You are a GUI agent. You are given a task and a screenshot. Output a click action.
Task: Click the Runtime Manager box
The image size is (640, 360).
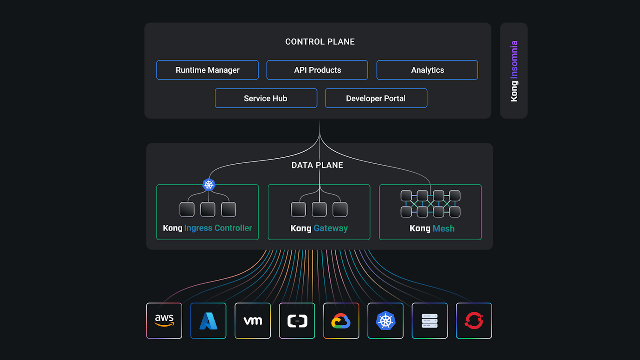click(207, 70)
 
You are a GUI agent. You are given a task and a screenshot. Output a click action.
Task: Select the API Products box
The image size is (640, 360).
click(317, 70)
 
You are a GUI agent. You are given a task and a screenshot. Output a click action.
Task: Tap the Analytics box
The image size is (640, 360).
click(427, 70)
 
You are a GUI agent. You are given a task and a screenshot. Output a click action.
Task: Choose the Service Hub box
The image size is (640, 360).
click(266, 98)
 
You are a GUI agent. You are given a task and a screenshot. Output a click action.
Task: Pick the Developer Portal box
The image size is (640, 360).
click(376, 98)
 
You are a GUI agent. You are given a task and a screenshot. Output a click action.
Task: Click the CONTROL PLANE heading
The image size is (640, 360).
click(320, 42)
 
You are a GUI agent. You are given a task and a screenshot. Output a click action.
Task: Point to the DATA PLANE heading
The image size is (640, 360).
click(317, 165)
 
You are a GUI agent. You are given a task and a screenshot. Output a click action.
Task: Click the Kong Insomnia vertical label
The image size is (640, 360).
click(514, 71)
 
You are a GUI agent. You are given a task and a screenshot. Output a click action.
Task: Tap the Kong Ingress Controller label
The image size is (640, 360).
click(207, 228)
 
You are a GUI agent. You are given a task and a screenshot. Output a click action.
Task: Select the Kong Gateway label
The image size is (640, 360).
click(319, 228)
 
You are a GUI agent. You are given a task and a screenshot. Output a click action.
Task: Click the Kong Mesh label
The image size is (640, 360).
click(432, 228)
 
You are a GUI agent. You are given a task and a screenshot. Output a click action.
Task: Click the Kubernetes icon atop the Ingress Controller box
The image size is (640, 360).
click(209, 185)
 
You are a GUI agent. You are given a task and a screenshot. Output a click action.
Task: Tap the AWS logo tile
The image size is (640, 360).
click(164, 321)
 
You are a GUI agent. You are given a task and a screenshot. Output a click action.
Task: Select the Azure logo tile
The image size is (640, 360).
click(208, 321)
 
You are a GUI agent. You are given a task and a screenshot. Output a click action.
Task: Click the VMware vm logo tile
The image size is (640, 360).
click(253, 321)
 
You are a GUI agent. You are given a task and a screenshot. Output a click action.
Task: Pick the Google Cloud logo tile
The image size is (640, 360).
click(341, 321)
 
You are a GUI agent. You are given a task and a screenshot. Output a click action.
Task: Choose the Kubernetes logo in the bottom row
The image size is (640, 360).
click(385, 321)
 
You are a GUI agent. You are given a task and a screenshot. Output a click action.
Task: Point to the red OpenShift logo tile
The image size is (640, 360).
click(474, 321)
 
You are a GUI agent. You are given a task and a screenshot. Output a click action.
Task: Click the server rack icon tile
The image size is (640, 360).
click(429, 321)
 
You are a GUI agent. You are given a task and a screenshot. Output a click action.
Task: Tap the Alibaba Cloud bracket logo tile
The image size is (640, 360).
click(297, 321)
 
